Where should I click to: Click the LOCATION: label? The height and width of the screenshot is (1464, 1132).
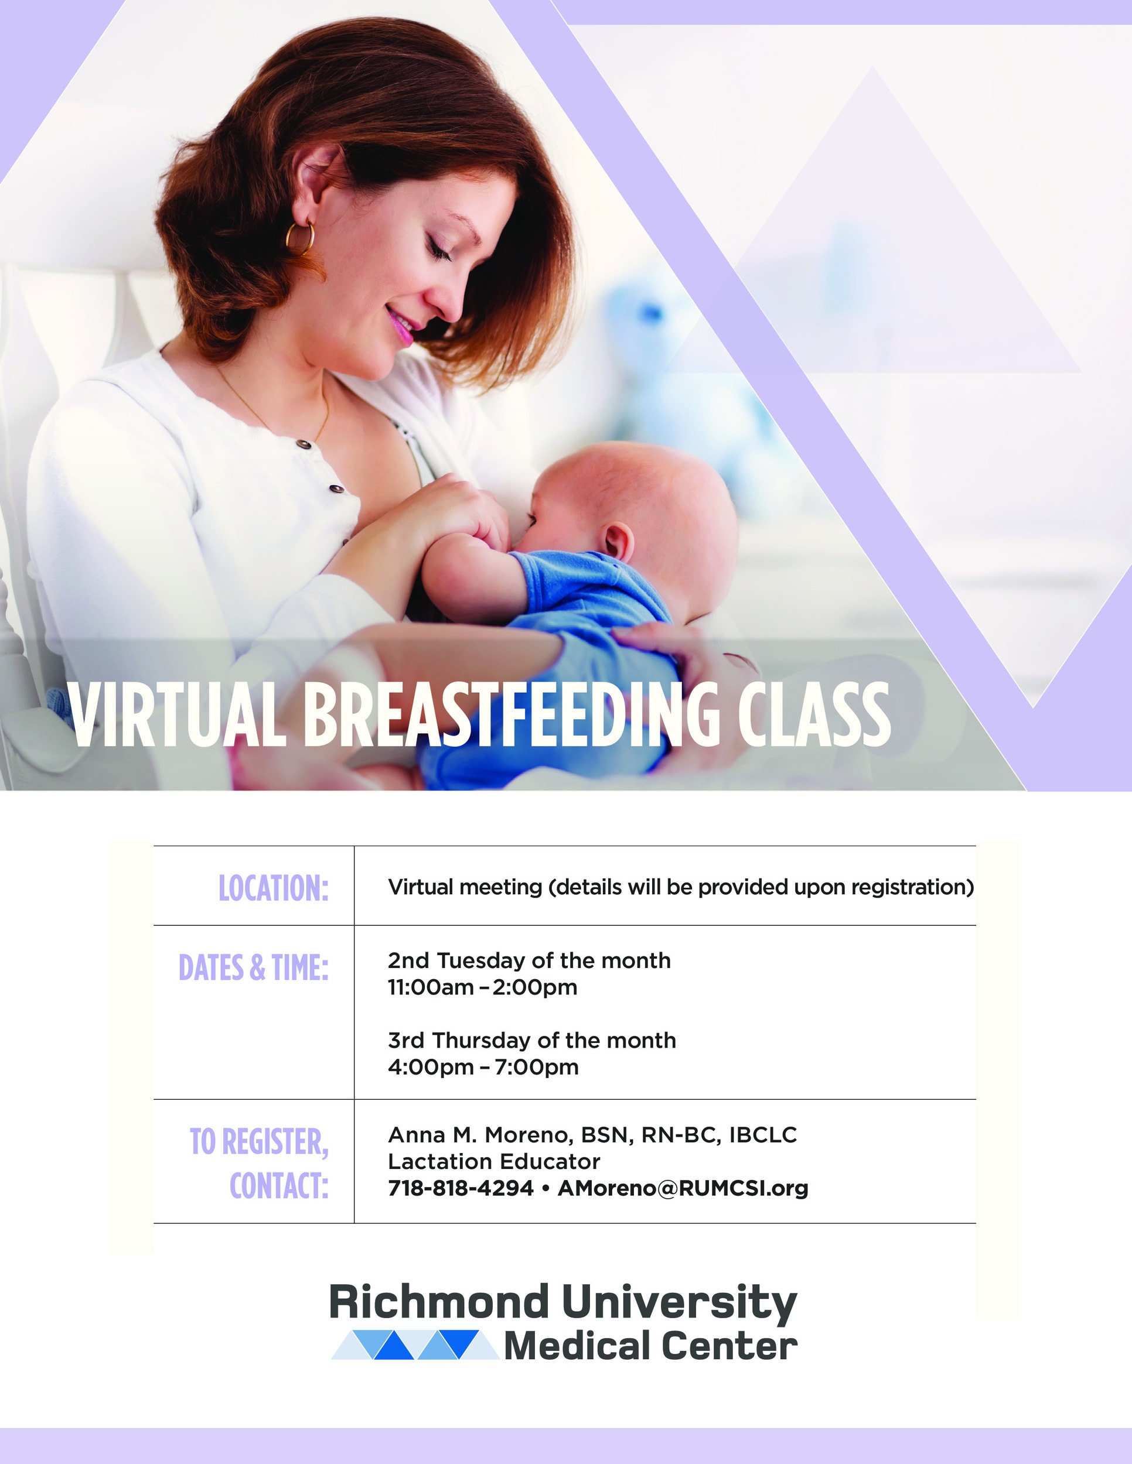[274, 888]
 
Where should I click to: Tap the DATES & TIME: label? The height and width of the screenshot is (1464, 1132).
[254, 967]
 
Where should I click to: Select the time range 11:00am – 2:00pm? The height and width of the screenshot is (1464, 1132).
[482, 987]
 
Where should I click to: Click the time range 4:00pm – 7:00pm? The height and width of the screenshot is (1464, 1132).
[483, 1067]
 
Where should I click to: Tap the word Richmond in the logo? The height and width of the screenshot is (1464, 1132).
[439, 1302]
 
